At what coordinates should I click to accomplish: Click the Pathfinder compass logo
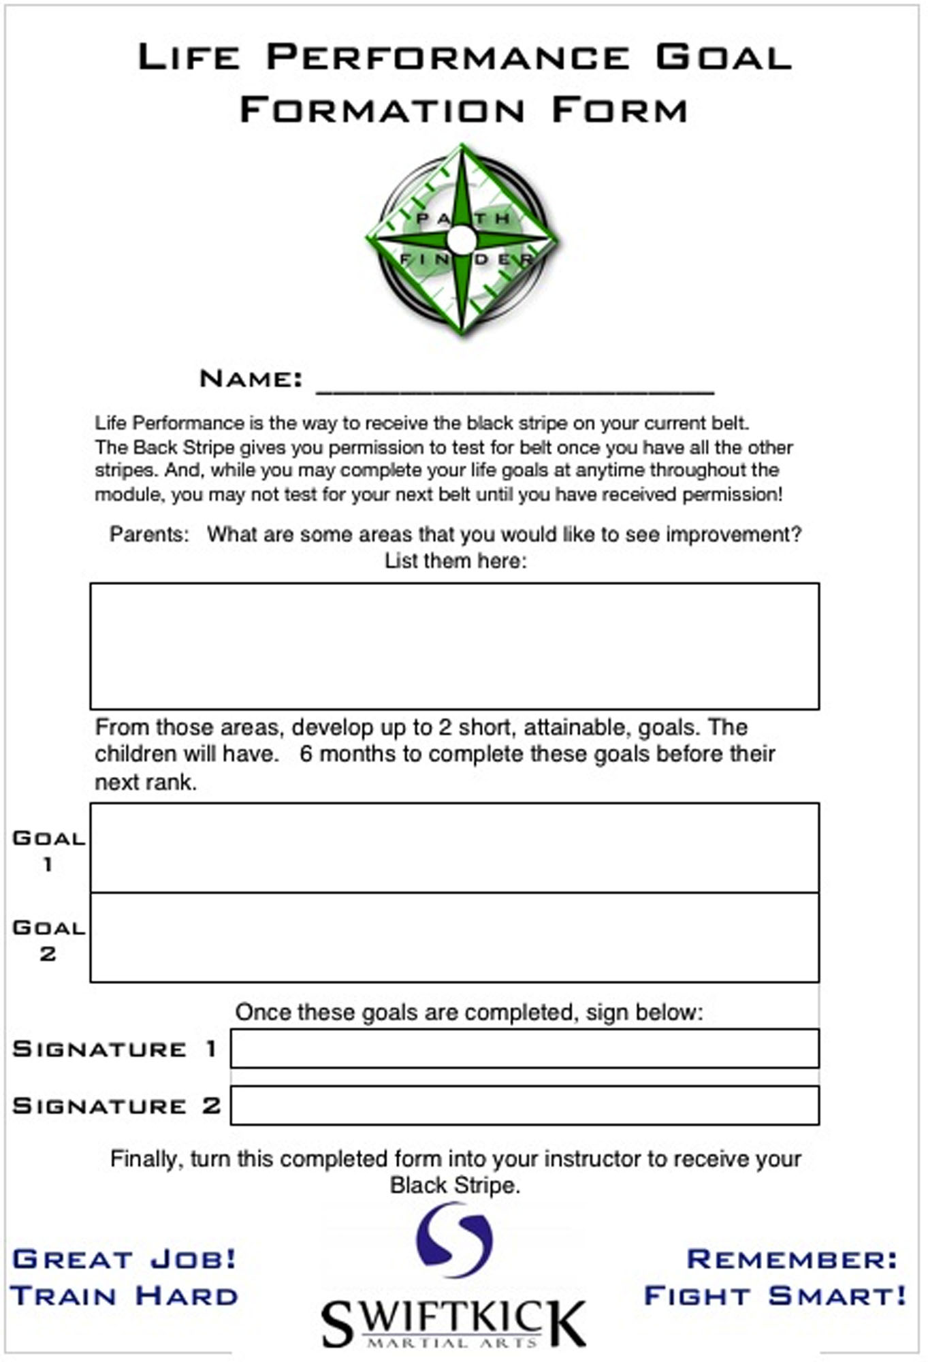point(462,240)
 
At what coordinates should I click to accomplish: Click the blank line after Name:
point(515,384)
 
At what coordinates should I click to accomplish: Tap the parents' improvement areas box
point(454,646)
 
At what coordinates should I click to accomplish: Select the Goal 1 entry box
point(454,848)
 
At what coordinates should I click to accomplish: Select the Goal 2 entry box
point(454,937)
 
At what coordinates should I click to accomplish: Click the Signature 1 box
point(524,1048)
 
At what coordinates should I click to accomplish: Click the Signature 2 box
point(524,1105)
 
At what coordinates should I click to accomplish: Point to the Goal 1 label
point(48,850)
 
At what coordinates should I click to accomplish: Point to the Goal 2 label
point(48,940)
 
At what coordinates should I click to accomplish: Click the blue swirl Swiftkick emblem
point(454,1239)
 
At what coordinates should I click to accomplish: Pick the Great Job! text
point(124,1259)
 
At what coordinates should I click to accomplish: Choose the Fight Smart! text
point(775,1295)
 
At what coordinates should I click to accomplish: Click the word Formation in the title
point(382,110)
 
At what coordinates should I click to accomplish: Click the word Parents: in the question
point(149,534)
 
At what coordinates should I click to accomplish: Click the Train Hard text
point(124,1295)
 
